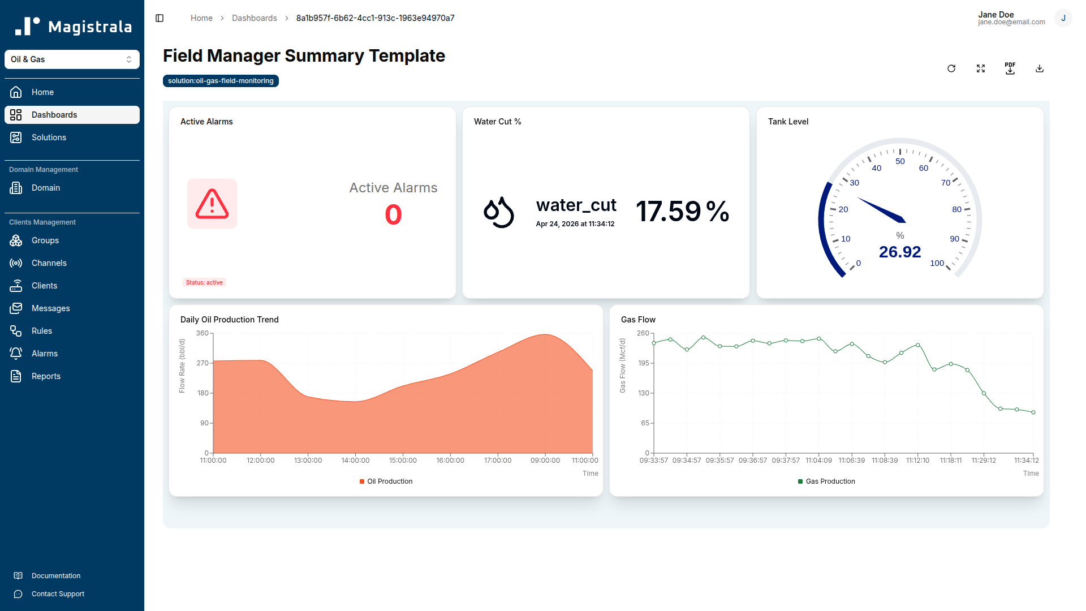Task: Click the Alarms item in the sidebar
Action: pos(44,354)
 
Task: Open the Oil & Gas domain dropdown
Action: pos(72,59)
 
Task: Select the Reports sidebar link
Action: pos(46,376)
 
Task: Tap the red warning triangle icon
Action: pos(212,204)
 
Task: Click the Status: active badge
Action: pos(204,282)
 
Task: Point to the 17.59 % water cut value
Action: pos(682,212)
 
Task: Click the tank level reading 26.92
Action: pos(899,252)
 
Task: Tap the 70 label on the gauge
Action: pos(945,183)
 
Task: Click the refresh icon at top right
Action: pos(951,68)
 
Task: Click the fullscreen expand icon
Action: pos(981,68)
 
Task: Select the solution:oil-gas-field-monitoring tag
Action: pos(221,81)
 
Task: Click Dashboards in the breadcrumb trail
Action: pos(255,18)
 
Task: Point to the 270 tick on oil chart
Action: pos(202,363)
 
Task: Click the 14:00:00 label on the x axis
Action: pos(355,461)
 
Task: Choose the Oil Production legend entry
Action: pos(386,481)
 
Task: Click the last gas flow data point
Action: pos(1033,412)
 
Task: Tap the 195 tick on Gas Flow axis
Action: pos(644,363)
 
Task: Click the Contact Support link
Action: pos(58,594)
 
